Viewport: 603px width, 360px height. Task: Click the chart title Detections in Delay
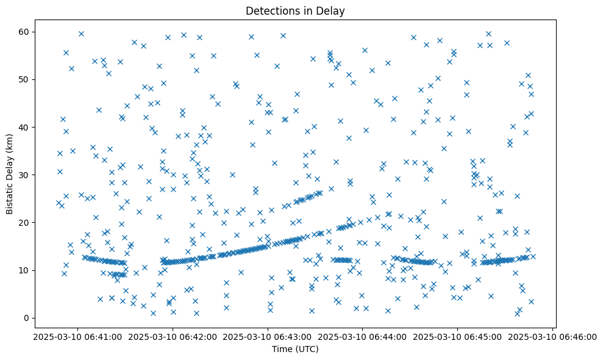(295, 10)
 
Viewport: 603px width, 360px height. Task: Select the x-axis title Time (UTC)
(295, 350)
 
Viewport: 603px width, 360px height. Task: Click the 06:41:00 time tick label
(77, 337)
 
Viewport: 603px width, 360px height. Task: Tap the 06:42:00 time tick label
(173, 337)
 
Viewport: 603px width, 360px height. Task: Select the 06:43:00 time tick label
(268, 337)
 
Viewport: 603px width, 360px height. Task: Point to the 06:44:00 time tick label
(363, 337)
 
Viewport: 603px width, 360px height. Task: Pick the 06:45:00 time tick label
(458, 337)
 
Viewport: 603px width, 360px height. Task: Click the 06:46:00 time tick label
(553, 337)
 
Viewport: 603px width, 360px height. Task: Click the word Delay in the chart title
(332, 10)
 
